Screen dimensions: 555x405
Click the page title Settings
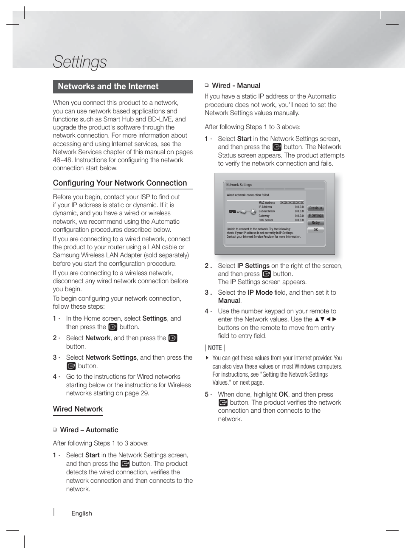(x=80, y=62)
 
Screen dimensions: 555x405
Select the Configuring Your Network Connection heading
(x=120, y=183)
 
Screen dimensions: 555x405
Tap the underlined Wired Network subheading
(x=78, y=409)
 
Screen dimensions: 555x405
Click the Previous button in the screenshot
(x=315, y=208)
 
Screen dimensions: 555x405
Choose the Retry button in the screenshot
(x=315, y=223)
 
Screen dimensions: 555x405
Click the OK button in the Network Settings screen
(x=315, y=230)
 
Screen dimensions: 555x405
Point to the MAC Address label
(x=267, y=203)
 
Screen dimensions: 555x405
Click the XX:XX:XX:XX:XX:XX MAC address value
(x=292, y=203)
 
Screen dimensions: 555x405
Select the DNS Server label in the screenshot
(x=266, y=220)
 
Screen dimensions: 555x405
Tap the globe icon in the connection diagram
(x=253, y=211)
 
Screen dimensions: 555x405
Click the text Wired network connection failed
(x=248, y=195)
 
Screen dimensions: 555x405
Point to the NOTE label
(x=215, y=347)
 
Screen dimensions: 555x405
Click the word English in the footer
(x=82, y=513)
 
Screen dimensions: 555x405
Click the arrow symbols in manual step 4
(x=326, y=319)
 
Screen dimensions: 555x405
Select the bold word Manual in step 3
(x=229, y=301)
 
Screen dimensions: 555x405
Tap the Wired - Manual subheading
(x=236, y=86)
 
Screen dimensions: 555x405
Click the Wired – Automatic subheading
(x=89, y=430)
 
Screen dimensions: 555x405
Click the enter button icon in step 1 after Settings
(x=112, y=327)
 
